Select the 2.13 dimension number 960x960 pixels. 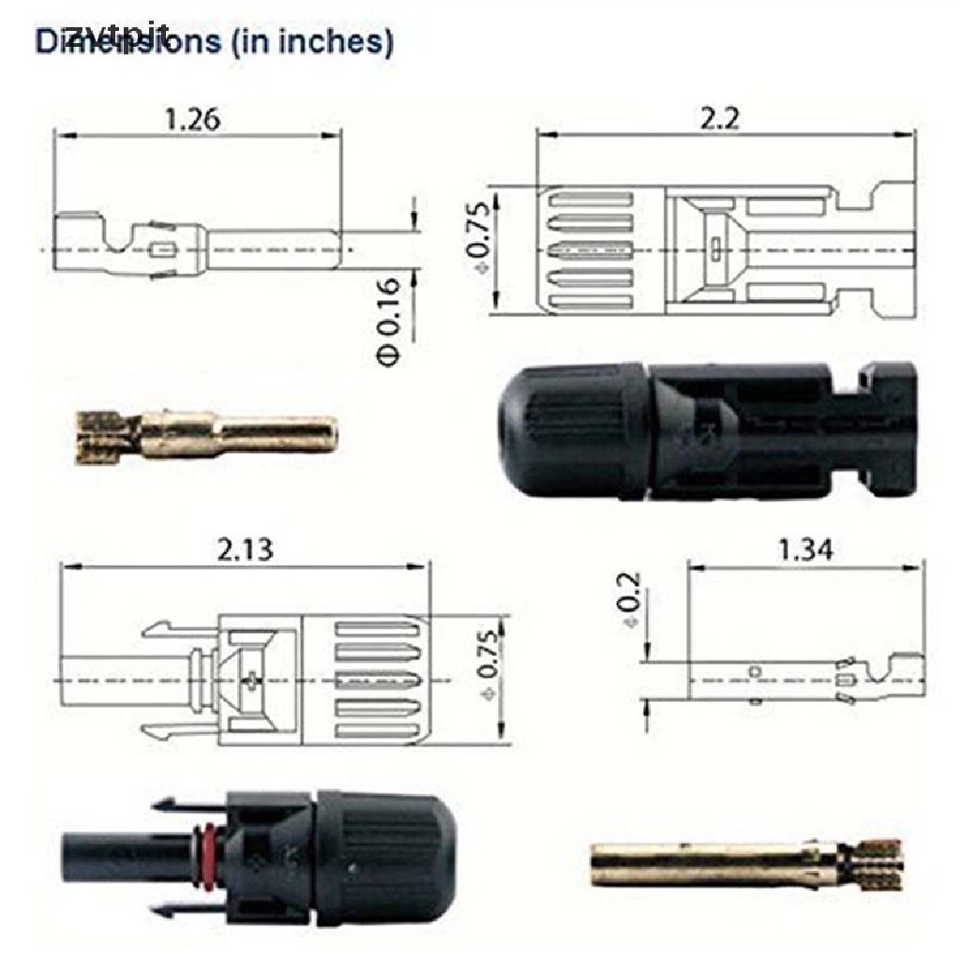[x=245, y=549]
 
